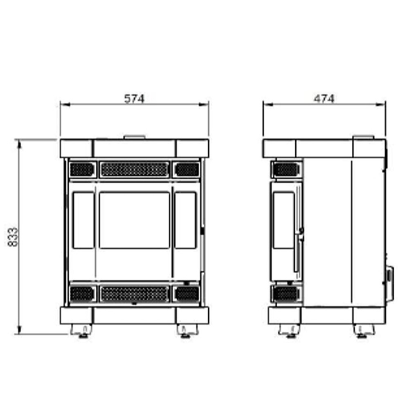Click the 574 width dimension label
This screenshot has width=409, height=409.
coord(134,99)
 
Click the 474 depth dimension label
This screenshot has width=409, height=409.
coord(324,99)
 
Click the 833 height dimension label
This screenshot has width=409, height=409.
coord(13,237)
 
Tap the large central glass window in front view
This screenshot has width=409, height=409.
coord(135,220)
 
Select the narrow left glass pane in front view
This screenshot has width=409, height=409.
coord(83,220)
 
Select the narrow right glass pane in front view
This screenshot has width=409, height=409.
coord(185,220)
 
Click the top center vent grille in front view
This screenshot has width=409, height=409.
coord(135,169)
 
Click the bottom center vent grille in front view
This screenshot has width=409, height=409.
coord(135,294)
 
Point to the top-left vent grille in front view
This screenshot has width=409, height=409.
coord(82,169)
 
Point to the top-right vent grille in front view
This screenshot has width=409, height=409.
coord(187,169)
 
